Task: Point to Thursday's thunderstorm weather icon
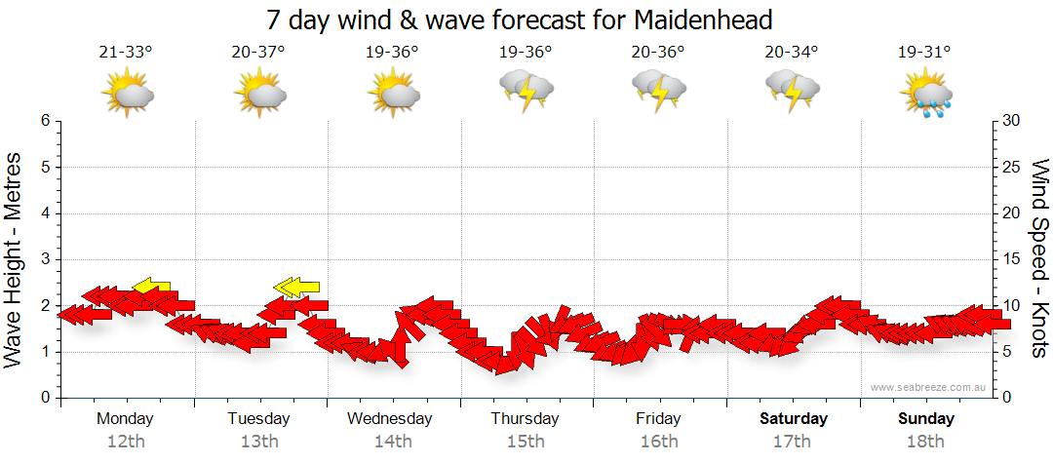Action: point(526,90)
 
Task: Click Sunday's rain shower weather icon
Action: point(925,94)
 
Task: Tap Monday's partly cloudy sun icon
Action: point(128,94)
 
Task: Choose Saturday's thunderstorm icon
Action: point(792,90)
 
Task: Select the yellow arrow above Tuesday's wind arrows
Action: point(297,286)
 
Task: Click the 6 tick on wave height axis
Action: point(45,121)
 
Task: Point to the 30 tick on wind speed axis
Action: point(1012,121)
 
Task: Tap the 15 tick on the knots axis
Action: point(1012,259)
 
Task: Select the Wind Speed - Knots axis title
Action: point(1039,258)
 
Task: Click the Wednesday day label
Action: point(389,419)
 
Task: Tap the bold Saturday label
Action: point(793,419)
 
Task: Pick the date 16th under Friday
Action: point(659,442)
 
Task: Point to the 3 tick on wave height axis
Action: point(45,259)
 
